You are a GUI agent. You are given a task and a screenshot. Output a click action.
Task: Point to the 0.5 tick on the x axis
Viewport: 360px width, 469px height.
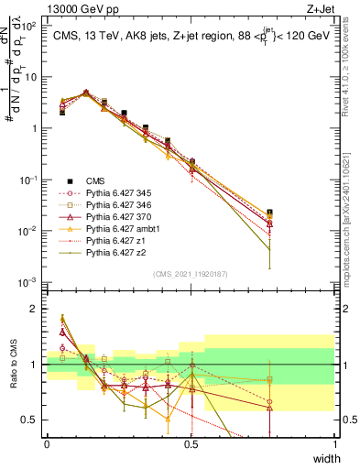[x=191, y=444]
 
